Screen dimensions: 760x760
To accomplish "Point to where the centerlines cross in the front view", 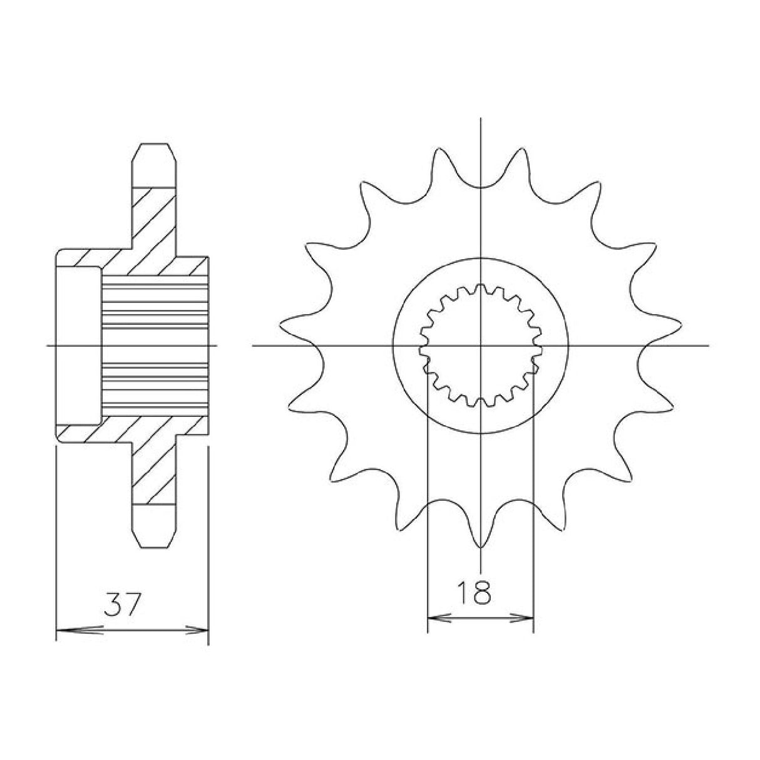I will [x=480, y=345].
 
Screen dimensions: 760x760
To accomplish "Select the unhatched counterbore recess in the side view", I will [x=78, y=345].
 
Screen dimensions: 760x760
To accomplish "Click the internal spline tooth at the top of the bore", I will [x=480, y=289].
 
